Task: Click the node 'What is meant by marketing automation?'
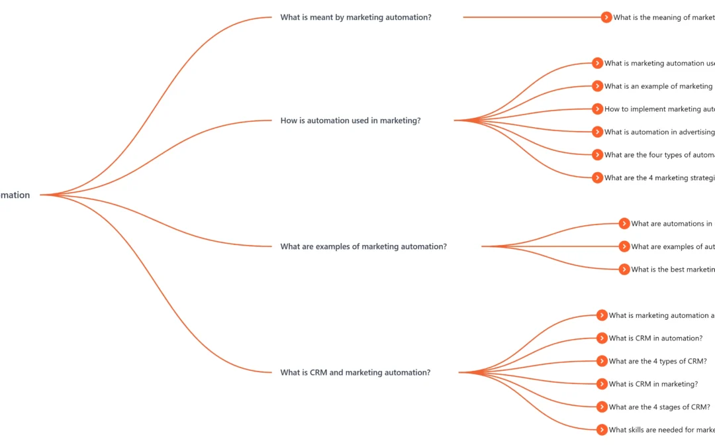(x=356, y=17)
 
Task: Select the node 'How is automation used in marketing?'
(x=350, y=121)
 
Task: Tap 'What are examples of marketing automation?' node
(x=363, y=246)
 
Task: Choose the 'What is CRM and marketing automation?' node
(x=355, y=372)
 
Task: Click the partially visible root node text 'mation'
(x=15, y=195)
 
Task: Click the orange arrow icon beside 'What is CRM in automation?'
(x=602, y=338)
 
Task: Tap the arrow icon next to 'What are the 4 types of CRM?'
(x=602, y=361)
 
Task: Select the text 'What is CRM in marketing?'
(x=653, y=384)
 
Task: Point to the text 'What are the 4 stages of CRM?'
(x=659, y=407)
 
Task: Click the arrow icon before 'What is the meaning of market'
(x=606, y=17)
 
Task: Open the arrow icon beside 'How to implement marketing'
(x=597, y=109)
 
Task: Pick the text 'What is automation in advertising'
(x=659, y=132)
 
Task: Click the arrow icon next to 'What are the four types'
(x=597, y=154)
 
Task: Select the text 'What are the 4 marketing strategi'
(x=659, y=177)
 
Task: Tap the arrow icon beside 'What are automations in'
(x=624, y=223)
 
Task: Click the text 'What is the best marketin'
(x=672, y=269)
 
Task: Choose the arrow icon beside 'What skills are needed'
(x=602, y=430)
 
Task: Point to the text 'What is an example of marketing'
(x=658, y=86)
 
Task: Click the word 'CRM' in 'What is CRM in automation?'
(x=643, y=338)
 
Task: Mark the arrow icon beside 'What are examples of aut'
(x=624, y=246)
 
